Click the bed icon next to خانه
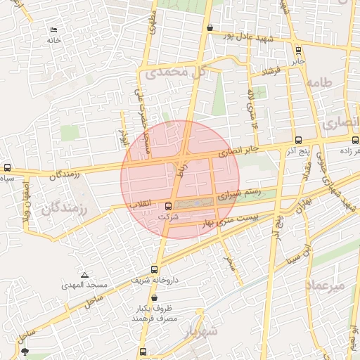coord(54,30)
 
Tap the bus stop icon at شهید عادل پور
coord(210,27)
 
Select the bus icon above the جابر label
coord(299,50)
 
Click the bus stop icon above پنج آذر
coord(299,140)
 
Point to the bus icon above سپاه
coord(7,168)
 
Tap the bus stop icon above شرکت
coord(167,207)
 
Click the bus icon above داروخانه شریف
coord(155,269)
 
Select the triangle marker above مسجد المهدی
coord(84,275)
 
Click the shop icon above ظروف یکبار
coord(154,298)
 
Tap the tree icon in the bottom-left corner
coord(25,351)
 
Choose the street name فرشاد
coord(271,72)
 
